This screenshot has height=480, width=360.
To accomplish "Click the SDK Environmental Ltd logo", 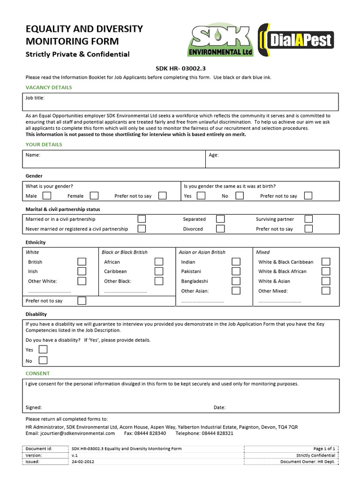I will pyautogui.click(x=221, y=40).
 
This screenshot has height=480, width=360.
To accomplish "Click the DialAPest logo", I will pyautogui.click(x=296, y=40).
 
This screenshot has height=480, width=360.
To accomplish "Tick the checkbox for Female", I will pyautogui.click(x=94, y=195).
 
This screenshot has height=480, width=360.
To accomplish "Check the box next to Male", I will pyautogui.click(x=46, y=195).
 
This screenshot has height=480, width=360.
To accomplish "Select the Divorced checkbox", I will pyautogui.click(x=220, y=229).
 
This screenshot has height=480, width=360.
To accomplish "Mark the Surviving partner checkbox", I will pyautogui.click(x=308, y=219).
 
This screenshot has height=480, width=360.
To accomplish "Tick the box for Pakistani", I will pyautogui.click(x=236, y=271).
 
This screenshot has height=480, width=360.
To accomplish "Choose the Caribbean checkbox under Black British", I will pyautogui.click(x=159, y=271).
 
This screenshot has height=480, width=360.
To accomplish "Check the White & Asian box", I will pyautogui.click(x=326, y=281).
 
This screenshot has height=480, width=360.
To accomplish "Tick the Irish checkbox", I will pyautogui.click(x=82, y=271).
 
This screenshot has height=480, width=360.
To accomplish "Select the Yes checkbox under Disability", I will pyautogui.click(x=43, y=350).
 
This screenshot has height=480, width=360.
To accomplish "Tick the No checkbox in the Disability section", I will pyautogui.click(x=43, y=360).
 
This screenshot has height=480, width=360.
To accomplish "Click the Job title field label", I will pyautogui.click(x=35, y=98).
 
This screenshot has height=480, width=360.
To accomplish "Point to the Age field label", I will pyautogui.click(x=214, y=155).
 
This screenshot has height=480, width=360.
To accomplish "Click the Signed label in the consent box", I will pyautogui.click(x=34, y=407).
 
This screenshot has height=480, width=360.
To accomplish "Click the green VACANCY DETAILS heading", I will pyautogui.click(x=49, y=88).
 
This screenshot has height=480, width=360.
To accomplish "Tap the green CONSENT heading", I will pyautogui.click(x=37, y=374).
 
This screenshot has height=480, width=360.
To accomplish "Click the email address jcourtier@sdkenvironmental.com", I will pyautogui.click(x=70, y=434).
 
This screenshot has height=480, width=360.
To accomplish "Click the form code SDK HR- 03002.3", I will pyautogui.click(x=180, y=68).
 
